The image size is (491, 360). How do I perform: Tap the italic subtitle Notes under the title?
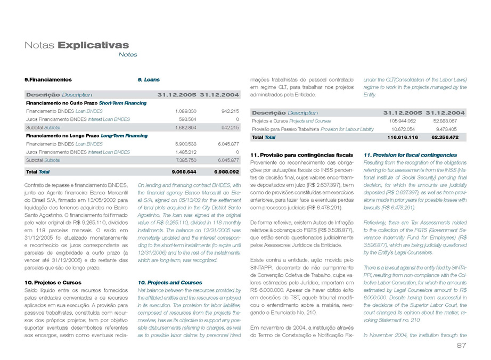point(128,54)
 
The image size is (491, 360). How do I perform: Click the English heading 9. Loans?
point(149,79)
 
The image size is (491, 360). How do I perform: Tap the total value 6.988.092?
point(226,172)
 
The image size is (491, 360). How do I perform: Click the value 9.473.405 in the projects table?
point(452,129)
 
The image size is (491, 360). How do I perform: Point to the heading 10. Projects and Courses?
point(170,282)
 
